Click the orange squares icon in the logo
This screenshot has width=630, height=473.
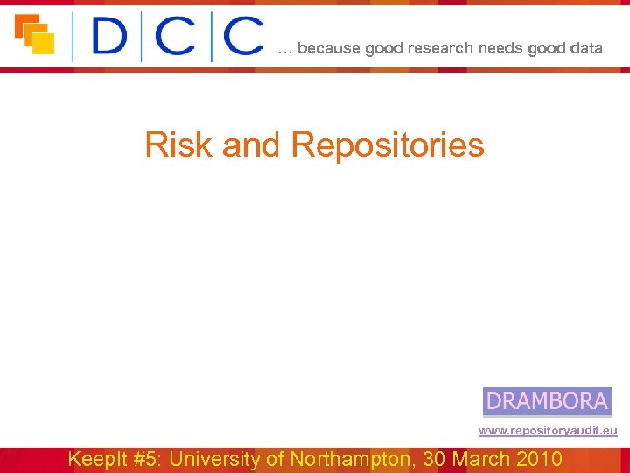pos(35,35)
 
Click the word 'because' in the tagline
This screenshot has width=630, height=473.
pos(329,49)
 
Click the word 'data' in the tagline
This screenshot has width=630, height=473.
pos(586,49)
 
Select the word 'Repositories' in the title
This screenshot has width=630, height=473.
pos(387,145)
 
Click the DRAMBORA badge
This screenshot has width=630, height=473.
pos(547,401)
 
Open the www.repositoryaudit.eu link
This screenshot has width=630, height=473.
pos(548,431)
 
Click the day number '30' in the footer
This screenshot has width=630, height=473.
pos(435,459)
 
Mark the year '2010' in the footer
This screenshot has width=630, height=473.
pos(541,459)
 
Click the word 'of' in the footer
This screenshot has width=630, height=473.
pos(276,459)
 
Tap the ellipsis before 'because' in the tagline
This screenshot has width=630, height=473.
pos(285,51)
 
